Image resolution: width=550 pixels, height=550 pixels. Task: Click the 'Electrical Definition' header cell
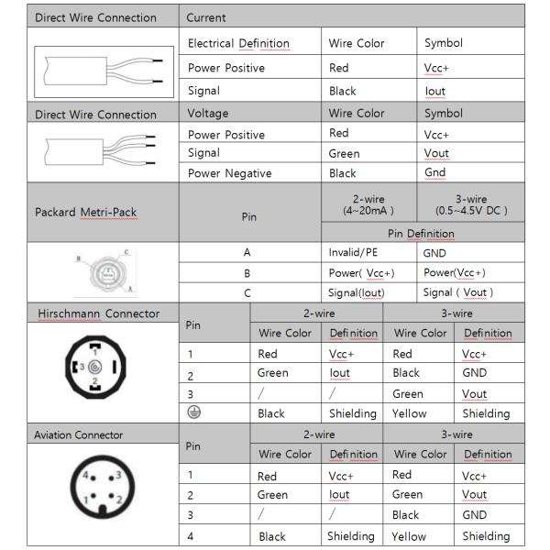[x=238, y=43]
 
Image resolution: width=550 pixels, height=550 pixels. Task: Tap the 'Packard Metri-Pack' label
[x=85, y=213]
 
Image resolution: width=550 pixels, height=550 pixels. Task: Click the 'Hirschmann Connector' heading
[x=98, y=313]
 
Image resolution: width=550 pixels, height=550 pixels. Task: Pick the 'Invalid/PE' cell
[x=353, y=252]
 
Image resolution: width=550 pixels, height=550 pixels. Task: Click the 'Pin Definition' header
[x=421, y=234]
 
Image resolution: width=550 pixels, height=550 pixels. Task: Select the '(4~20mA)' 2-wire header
[x=368, y=210]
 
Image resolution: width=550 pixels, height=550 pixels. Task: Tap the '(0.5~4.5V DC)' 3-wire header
[x=470, y=210]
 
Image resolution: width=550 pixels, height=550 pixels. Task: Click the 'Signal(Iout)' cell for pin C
[x=357, y=292]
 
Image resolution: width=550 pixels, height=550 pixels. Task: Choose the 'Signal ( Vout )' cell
[x=457, y=292]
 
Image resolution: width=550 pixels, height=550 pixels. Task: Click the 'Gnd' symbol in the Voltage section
[x=434, y=172]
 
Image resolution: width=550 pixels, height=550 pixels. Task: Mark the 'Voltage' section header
[x=207, y=114]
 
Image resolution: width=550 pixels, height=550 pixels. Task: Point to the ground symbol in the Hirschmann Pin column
[x=193, y=412]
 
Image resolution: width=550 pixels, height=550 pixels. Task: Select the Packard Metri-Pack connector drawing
[x=102, y=271]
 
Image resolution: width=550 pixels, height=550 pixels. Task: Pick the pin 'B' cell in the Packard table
[x=247, y=273]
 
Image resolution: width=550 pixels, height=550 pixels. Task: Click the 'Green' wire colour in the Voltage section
[x=344, y=153]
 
